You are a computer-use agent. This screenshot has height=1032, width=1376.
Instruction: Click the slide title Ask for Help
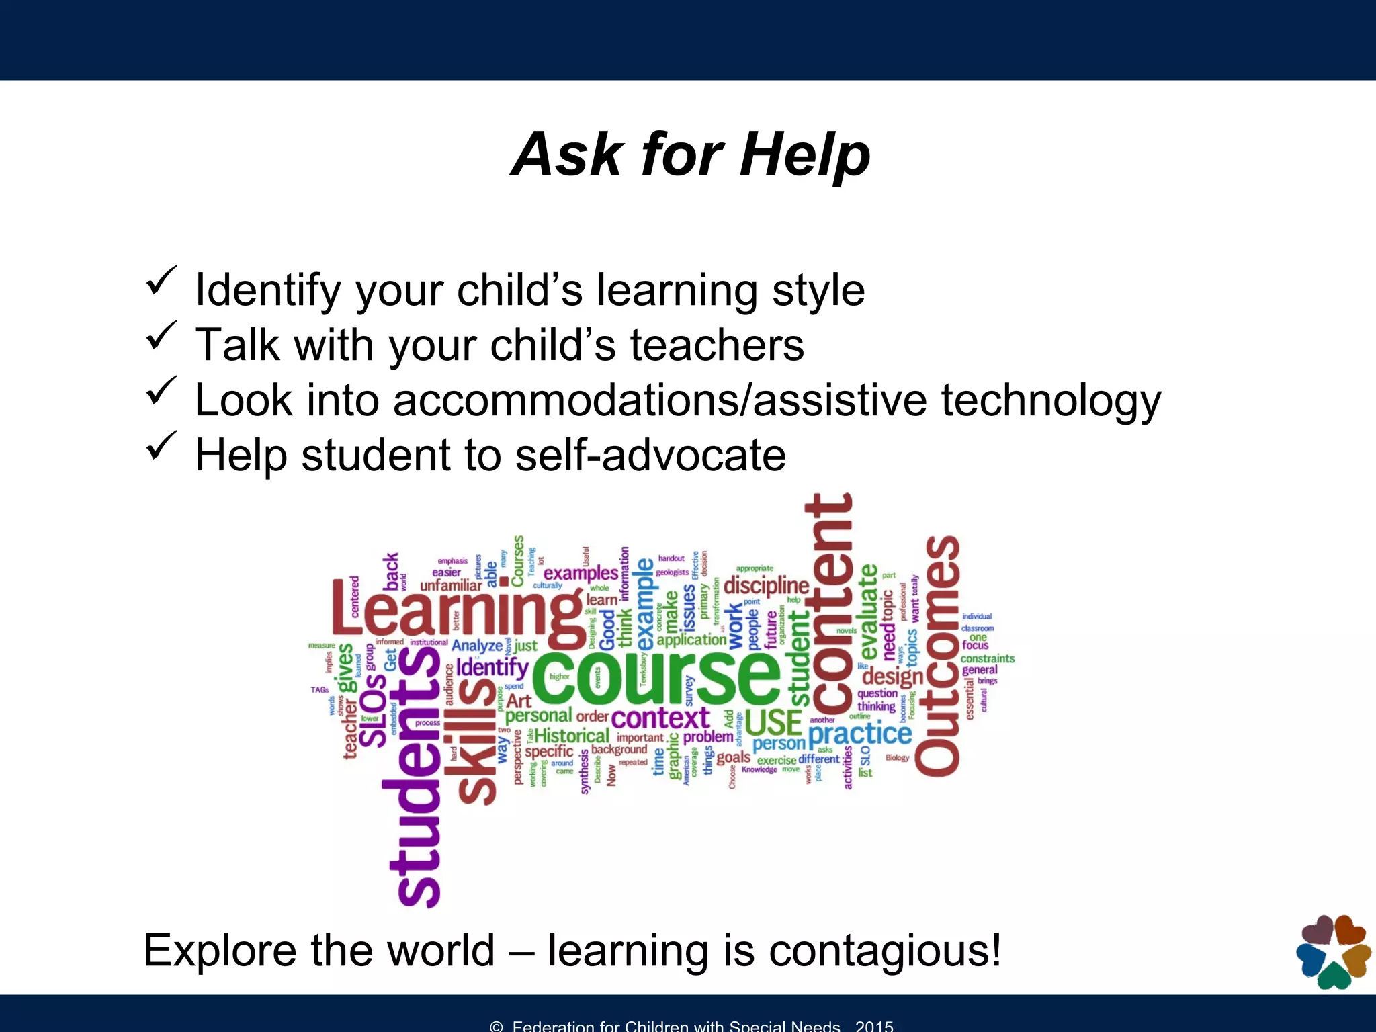[x=690, y=155]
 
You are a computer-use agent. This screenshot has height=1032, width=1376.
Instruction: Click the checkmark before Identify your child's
[x=161, y=280]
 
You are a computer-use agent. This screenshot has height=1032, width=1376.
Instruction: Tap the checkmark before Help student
[x=161, y=445]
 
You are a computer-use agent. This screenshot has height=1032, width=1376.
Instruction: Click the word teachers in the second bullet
[x=716, y=345]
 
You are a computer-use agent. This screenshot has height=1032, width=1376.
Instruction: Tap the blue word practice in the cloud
[x=859, y=734]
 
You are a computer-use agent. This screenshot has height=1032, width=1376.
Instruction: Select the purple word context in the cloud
[x=660, y=718]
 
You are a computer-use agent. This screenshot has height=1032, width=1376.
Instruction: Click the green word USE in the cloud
[x=773, y=723]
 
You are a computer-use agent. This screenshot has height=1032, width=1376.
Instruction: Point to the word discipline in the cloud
[x=766, y=585]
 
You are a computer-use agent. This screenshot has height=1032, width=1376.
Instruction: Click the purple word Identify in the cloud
[x=492, y=667]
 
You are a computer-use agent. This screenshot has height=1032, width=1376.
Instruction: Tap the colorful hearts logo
[x=1333, y=951]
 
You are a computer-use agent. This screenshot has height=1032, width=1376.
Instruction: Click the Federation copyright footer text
[x=691, y=1025]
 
